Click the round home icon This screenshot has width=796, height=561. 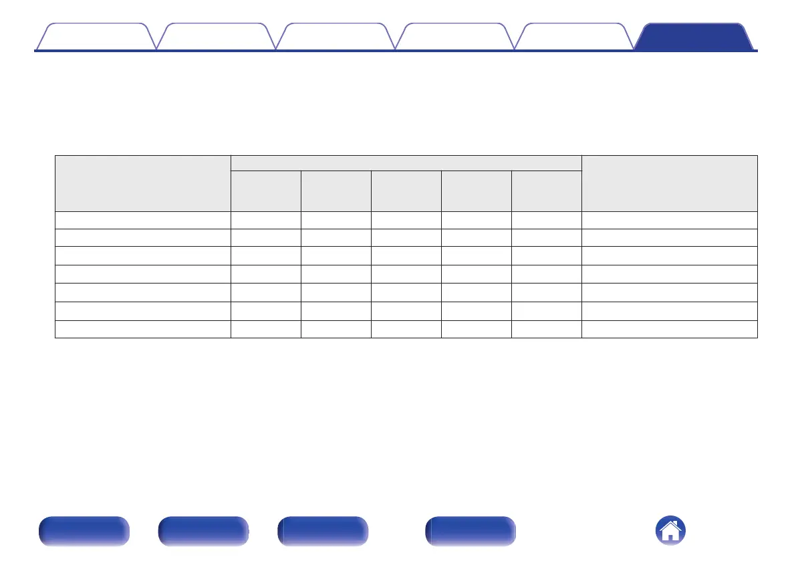click(x=670, y=532)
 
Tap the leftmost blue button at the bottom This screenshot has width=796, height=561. click(x=84, y=532)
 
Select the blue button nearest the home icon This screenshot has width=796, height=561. click(x=471, y=532)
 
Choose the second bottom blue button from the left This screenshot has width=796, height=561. click(x=203, y=532)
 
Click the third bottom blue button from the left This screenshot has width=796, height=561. click(x=323, y=532)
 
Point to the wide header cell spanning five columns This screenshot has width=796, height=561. click(x=406, y=162)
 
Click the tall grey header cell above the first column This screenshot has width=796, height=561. click(x=142, y=183)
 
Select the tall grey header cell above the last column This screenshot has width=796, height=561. click(x=669, y=183)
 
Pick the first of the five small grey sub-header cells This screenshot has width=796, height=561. click(x=265, y=191)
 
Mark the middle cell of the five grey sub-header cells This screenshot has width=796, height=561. click(x=406, y=191)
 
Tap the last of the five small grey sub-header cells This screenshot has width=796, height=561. click(x=546, y=191)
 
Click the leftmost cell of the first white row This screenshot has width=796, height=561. click(x=142, y=221)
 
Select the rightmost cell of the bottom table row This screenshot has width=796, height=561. click(x=669, y=329)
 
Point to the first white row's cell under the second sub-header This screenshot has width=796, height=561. click(x=336, y=221)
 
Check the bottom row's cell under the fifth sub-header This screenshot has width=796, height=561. click(x=546, y=329)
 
